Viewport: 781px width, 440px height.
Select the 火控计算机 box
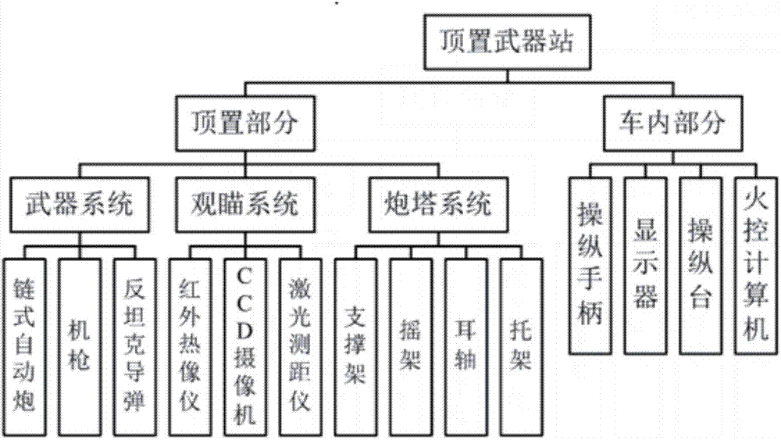pos(753,264)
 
